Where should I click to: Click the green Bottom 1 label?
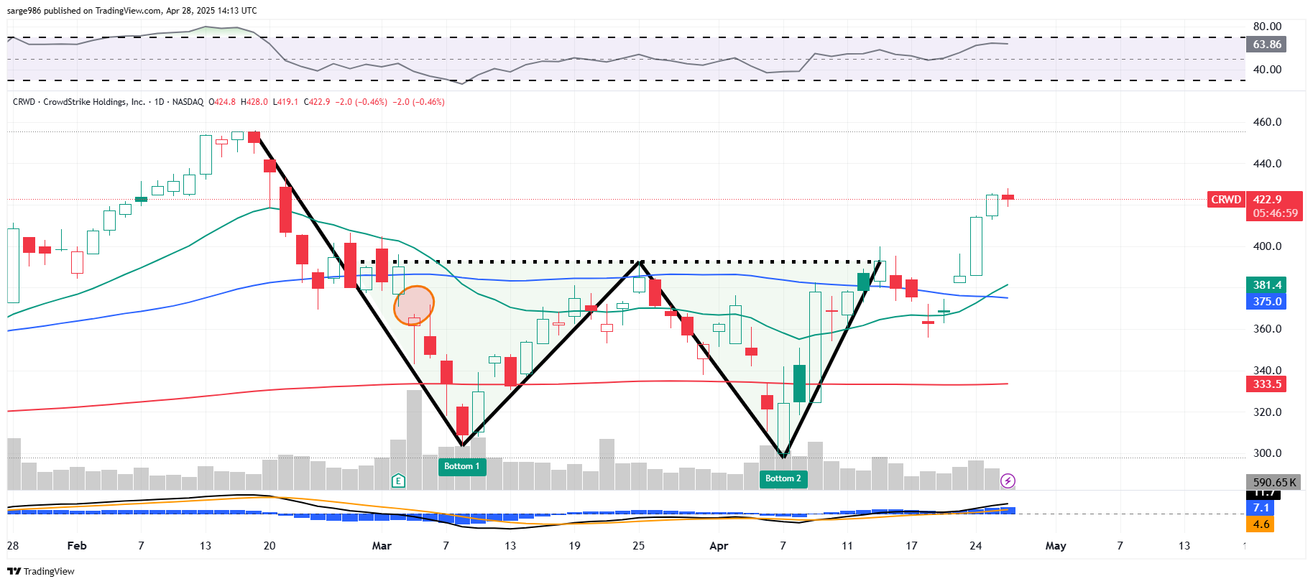(x=461, y=466)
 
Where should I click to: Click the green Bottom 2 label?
(x=783, y=478)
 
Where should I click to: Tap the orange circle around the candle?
(x=414, y=306)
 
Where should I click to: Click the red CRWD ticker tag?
(x=1225, y=200)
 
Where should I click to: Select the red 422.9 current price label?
(x=1267, y=200)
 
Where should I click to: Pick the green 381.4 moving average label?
(x=1267, y=285)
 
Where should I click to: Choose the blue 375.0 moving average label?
(x=1267, y=302)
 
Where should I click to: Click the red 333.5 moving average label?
(x=1267, y=384)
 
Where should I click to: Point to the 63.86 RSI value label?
(x=1267, y=45)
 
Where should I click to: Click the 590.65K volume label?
(x=1274, y=483)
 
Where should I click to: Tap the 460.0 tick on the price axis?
(x=1267, y=122)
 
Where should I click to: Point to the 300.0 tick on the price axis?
(x=1267, y=453)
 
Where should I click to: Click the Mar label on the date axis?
(x=382, y=546)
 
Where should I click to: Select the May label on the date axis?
(x=1055, y=546)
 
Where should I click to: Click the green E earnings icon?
(x=398, y=481)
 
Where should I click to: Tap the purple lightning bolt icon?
(x=1008, y=481)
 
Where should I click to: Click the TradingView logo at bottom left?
(x=41, y=572)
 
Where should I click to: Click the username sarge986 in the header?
(x=24, y=11)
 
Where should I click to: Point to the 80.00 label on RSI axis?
(x=1267, y=27)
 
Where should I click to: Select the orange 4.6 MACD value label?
(x=1261, y=524)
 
